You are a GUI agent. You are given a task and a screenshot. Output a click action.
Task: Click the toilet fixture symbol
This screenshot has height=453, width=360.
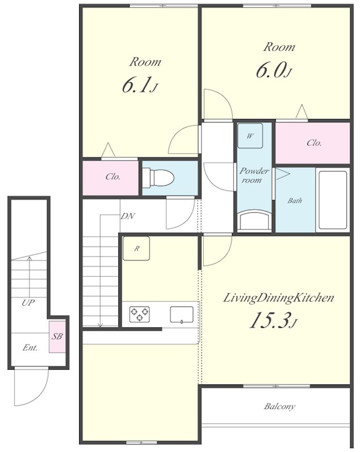coord(158,177)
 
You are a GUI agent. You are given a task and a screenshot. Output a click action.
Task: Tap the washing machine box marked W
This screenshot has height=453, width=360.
coord(250,136)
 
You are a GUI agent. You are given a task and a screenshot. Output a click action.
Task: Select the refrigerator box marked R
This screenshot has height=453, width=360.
coord(136,248)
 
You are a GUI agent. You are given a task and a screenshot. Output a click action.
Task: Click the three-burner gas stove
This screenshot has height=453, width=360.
coord(140,314)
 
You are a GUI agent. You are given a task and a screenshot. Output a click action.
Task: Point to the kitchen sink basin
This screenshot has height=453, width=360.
coord(182,315)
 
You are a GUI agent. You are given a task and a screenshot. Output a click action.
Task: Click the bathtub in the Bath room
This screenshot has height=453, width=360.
coord(333,200)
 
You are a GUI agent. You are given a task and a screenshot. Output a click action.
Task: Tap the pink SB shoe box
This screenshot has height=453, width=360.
coord(57,336)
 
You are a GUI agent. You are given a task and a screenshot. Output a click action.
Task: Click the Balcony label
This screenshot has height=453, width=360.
coord(280,407)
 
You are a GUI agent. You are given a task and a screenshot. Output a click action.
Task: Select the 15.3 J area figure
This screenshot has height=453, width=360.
coord(273,320)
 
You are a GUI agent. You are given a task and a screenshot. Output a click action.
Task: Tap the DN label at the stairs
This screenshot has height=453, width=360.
coord(127,216)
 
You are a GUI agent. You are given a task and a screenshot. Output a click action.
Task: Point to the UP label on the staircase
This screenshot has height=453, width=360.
coord(28,303)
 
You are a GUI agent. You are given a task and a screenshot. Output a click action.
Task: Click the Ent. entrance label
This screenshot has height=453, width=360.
coord(30,348)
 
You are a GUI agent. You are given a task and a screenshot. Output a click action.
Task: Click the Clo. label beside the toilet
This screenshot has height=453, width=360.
coord(113,177)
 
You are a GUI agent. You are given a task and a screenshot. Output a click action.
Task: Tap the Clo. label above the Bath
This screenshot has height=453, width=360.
coord(314,143)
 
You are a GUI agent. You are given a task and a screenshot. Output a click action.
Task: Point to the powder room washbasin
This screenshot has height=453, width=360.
coord(254,220)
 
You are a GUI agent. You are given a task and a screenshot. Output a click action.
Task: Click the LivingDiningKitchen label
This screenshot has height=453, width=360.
coord(278,298)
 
